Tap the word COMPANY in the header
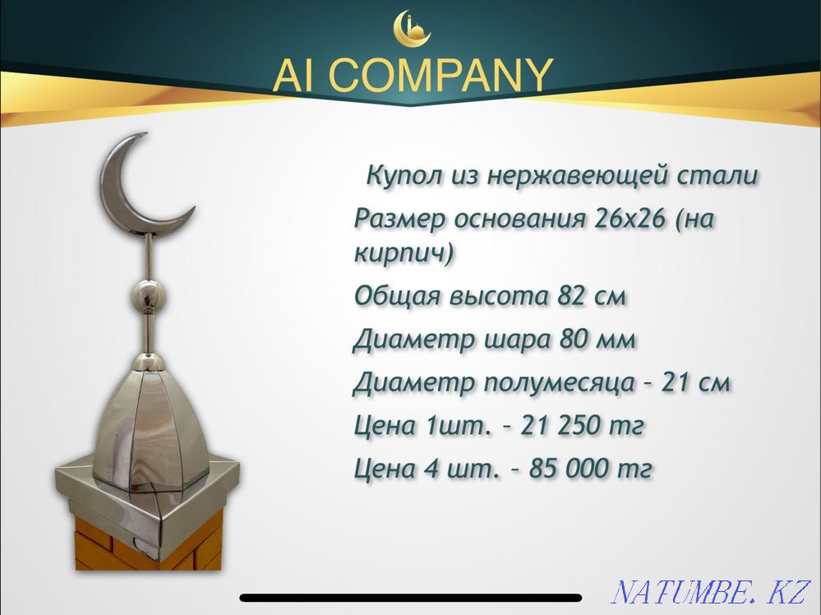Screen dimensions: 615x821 [x=442, y=76]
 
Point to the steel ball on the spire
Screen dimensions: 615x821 [x=149, y=294]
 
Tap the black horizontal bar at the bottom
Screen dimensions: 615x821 [x=411, y=598]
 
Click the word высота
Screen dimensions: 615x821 [x=499, y=296]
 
